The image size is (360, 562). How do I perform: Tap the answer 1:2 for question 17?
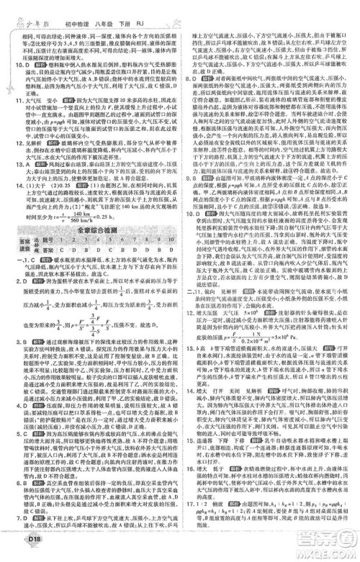pyautogui.click(x=209, y=522)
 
